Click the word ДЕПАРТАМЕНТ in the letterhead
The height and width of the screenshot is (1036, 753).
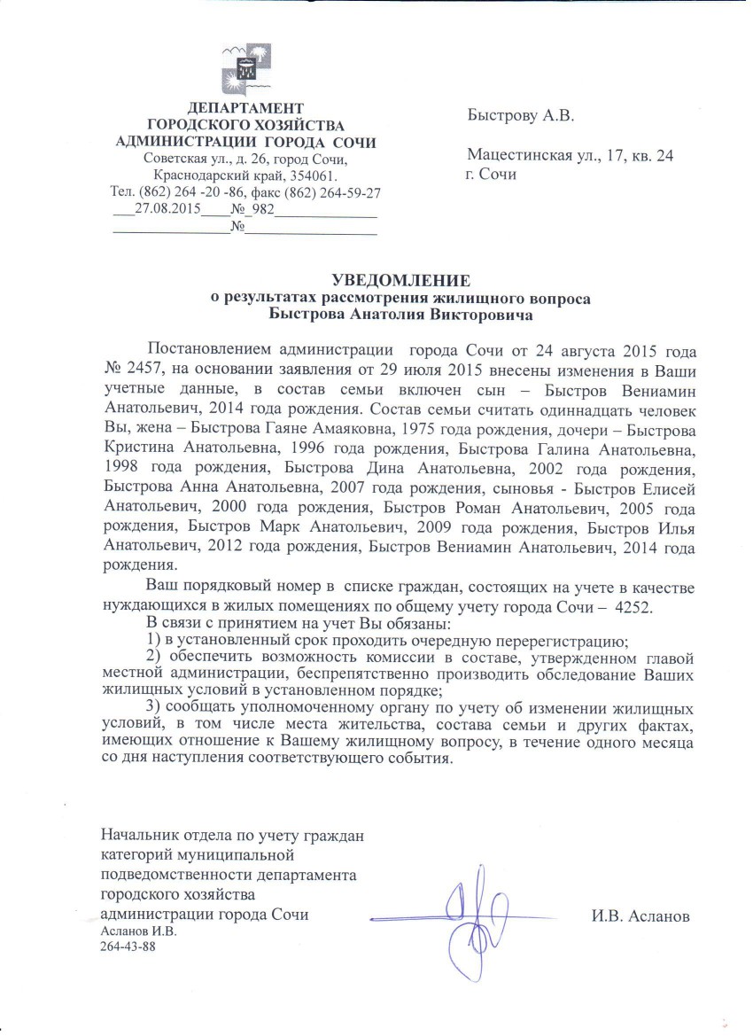click(x=246, y=109)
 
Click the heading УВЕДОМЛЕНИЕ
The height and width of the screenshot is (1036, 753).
click(x=397, y=281)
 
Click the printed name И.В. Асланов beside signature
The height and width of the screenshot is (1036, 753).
click(x=640, y=915)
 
